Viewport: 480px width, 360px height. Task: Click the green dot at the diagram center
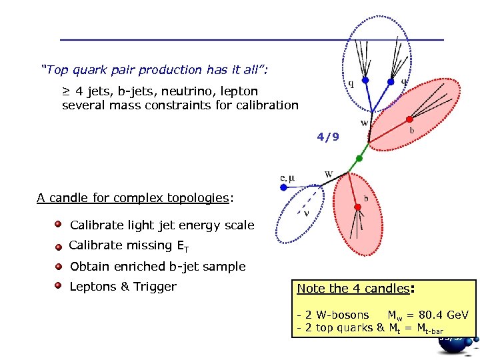pos(359,159)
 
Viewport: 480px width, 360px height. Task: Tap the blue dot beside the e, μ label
pos(283,188)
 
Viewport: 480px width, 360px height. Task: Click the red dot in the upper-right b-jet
pos(408,121)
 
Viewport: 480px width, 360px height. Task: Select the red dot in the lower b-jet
pos(358,208)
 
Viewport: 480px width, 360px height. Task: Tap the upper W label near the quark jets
pos(364,123)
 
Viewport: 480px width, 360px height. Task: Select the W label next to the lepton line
pos(329,175)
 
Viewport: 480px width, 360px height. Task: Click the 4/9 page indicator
pos(328,137)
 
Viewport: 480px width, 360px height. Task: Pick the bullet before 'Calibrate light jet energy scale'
pos(59,225)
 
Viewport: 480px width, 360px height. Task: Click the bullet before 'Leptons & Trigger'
pos(59,286)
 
